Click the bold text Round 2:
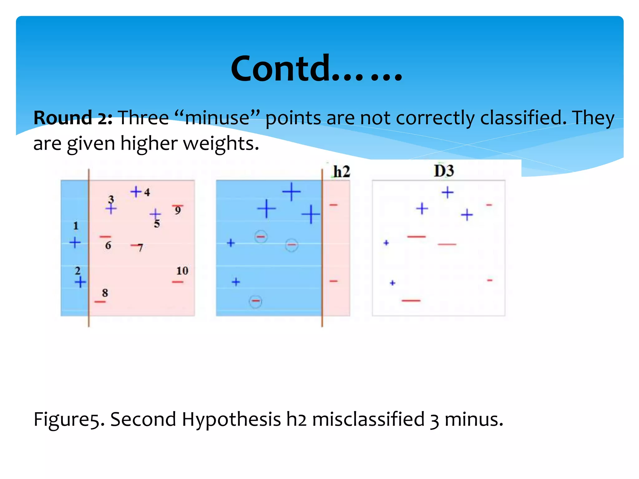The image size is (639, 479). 73,118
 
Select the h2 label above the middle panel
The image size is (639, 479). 342,172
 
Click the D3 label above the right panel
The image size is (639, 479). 444,171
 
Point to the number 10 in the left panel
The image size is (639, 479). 182,271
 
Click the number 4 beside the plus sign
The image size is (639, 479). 147,192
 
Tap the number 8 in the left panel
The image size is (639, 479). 105,293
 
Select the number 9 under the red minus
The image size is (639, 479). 178,211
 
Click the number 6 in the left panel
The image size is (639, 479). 108,246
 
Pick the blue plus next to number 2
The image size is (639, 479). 80,282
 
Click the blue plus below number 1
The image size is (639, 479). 75,242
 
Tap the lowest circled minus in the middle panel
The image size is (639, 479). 256,301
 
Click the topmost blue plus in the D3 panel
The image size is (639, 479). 447,192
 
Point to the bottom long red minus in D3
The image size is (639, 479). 411,301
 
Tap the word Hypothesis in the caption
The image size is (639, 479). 231,419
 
